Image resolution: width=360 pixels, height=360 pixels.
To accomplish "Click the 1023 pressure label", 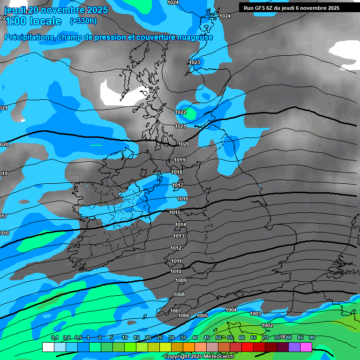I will [x=195, y=62].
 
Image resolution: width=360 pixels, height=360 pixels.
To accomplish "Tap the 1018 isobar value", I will [x=177, y=172].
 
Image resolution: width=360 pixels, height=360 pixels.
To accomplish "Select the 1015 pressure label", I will [x=175, y=212].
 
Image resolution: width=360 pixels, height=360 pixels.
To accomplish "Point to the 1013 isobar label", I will [x=179, y=236].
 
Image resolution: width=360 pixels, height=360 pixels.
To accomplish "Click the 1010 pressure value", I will [x=176, y=271].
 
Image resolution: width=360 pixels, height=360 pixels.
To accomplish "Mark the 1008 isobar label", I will [x=179, y=294].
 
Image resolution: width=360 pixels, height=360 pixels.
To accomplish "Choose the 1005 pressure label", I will [x=202, y=315].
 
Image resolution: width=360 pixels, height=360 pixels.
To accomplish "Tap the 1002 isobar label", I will [x=267, y=325].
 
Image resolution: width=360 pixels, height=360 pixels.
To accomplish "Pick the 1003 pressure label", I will [x=255, y=314].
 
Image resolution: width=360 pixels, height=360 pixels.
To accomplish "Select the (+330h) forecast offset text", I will [x=83, y=21].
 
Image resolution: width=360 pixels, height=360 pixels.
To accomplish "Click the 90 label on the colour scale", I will [x=312, y=337].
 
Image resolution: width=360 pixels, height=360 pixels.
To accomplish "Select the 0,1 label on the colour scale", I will [x=54, y=337].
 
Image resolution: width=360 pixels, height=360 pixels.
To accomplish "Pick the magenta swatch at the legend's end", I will [x=306, y=347].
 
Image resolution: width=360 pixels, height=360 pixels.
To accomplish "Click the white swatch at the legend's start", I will [x=48, y=347].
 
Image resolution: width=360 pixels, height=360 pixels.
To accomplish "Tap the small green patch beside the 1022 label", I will [x=192, y=112].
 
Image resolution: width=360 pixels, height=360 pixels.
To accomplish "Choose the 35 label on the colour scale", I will [x=183, y=337].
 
